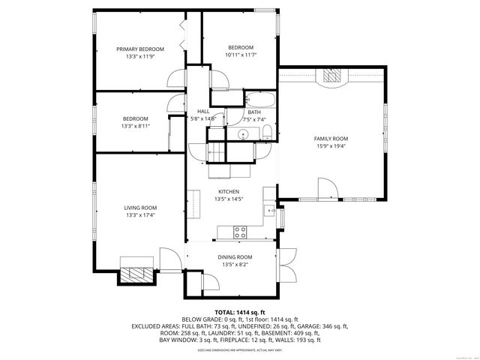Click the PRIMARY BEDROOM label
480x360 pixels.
tap(139, 49)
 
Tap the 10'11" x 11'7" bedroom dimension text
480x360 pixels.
tap(241, 55)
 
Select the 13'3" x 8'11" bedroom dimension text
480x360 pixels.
tap(135, 126)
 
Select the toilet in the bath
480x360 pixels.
tap(266, 133)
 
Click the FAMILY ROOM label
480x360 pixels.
tap(331, 139)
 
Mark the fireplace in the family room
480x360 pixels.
tap(331, 76)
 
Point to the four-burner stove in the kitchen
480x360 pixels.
tap(241, 231)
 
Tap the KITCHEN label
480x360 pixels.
tap(228, 191)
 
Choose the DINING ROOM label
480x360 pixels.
tap(236, 257)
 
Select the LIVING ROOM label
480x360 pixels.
tap(140, 208)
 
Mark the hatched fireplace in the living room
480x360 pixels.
tap(136, 274)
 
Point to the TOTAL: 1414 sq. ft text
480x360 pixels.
tap(240, 312)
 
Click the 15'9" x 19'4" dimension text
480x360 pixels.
tap(331, 146)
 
